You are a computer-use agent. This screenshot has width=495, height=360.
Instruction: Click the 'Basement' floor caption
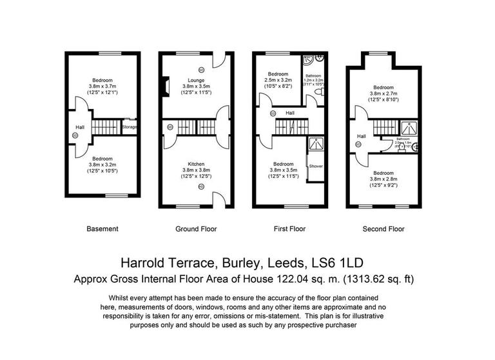point(102,229)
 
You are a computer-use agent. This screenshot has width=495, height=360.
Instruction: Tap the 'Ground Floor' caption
point(196,229)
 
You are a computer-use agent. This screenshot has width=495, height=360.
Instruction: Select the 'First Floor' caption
point(289,229)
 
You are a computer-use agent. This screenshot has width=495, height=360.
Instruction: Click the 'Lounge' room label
point(196,80)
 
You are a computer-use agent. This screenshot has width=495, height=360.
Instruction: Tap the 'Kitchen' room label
point(196,165)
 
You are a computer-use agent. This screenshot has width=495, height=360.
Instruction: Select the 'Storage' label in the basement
point(130,127)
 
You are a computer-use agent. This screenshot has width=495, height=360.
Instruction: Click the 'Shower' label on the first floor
point(316,166)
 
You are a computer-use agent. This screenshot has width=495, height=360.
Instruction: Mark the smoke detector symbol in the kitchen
point(201,186)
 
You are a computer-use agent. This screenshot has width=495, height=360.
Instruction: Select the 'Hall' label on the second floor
point(362,136)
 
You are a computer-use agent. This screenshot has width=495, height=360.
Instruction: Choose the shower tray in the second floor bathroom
point(409,128)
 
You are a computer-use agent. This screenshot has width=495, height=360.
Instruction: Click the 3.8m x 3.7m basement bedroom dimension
point(103,86)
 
